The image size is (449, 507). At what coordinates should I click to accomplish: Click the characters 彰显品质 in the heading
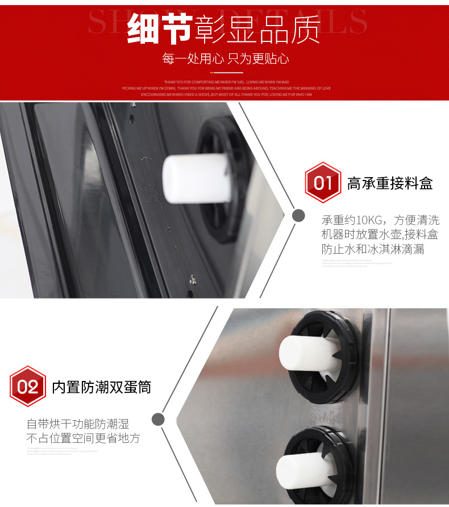click(257, 30)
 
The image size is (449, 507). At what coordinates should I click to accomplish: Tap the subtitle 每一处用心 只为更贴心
click(226, 58)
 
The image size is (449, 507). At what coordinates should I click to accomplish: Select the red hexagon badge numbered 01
click(323, 183)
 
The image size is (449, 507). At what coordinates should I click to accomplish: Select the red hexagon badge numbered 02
click(27, 387)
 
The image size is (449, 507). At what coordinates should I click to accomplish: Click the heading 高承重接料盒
click(390, 183)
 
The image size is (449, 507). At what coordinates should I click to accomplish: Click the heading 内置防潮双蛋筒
click(102, 387)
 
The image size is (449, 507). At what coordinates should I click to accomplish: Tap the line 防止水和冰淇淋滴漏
click(373, 249)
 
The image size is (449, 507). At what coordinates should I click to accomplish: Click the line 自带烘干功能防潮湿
click(78, 424)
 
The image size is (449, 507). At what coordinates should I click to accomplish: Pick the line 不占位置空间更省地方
click(84, 438)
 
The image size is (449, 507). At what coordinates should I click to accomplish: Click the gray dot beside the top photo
click(298, 216)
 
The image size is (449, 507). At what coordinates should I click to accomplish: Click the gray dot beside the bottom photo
click(159, 419)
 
